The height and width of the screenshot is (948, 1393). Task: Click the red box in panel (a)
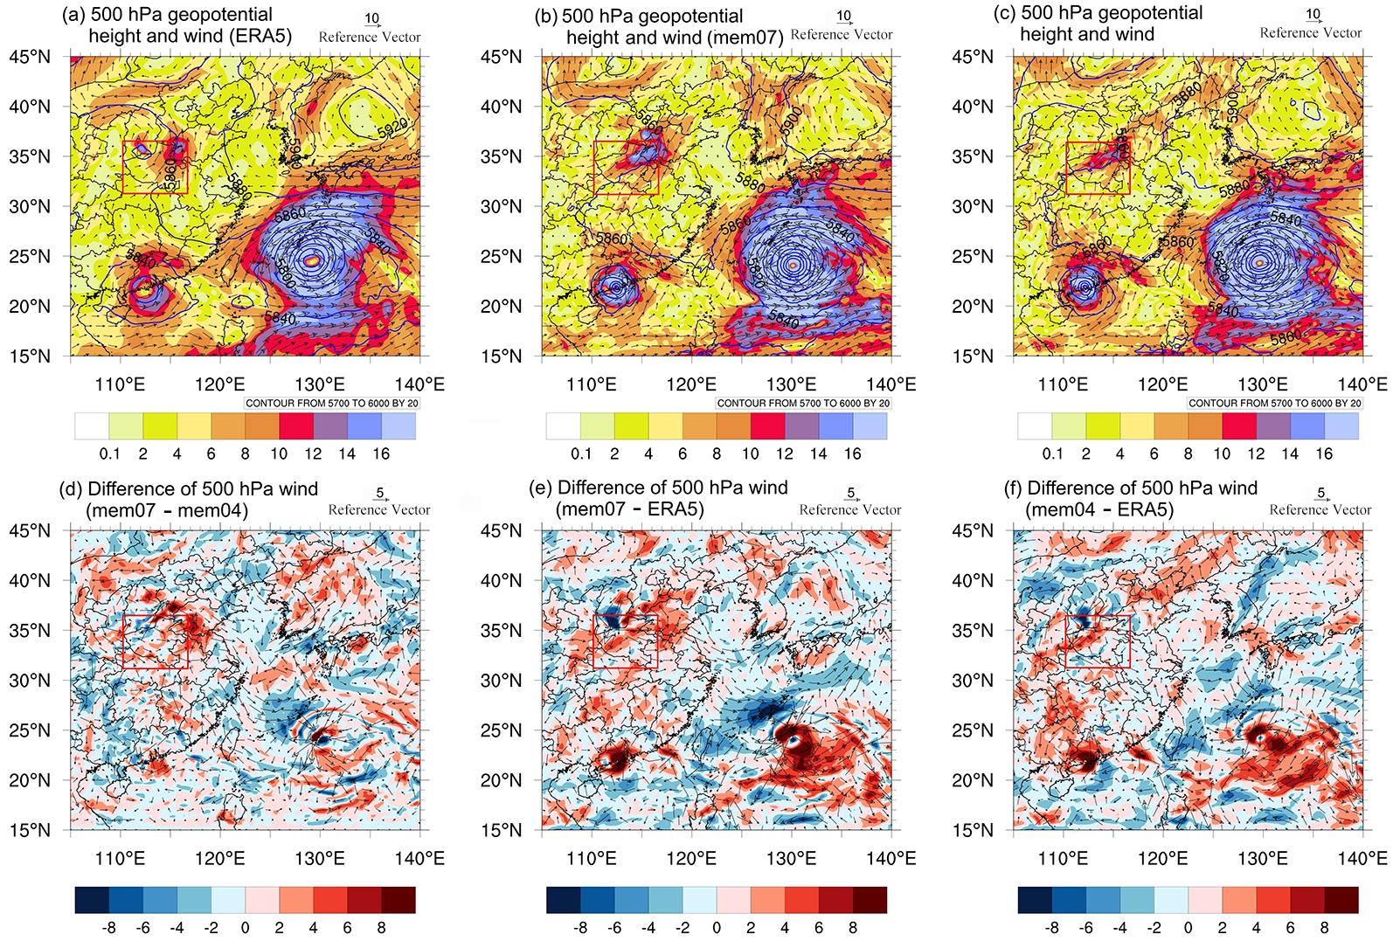coord(155,167)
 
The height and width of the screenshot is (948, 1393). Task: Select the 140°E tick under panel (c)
coord(1363,384)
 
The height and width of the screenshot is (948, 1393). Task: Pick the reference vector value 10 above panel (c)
coord(1313,15)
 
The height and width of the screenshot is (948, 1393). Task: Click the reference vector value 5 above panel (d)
coord(379,492)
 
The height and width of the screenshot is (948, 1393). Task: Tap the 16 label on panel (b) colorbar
coord(853,453)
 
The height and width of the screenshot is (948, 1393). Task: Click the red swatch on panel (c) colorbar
coord(1239,426)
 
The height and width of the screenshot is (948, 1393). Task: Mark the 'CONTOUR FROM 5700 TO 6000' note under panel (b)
coord(802,403)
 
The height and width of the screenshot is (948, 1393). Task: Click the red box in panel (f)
coord(1097,641)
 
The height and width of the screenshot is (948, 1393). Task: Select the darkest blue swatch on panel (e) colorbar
coord(563,900)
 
